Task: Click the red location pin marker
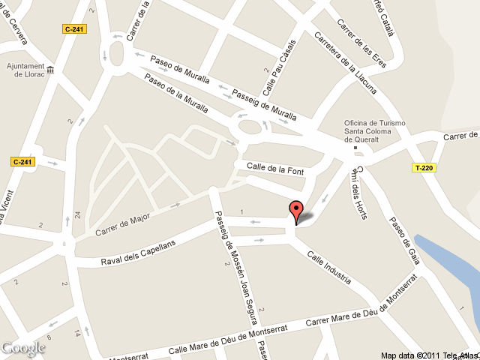coord(296,211)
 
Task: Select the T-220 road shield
coord(424,167)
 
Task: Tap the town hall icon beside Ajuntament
coord(51,70)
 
